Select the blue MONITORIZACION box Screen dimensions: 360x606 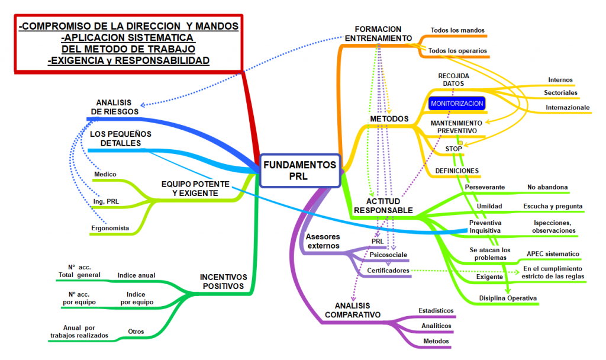pyautogui.click(x=457, y=104)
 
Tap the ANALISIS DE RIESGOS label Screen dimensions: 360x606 pyautogui.click(x=114, y=107)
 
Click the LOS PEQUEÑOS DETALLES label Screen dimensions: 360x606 pyautogui.click(x=121, y=139)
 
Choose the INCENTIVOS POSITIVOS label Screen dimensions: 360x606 pyautogui.click(x=222, y=281)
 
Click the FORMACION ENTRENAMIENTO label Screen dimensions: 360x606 pyautogui.click(x=378, y=34)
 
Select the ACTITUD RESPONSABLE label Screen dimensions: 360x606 pyautogui.click(x=383, y=205)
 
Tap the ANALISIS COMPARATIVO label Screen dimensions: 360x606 pyautogui.click(x=353, y=310)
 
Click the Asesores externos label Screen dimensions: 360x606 pyautogui.click(x=323, y=241)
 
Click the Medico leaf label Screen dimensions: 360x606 pyautogui.click(x=105, y=174)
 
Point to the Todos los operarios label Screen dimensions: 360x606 pyautogui.click(x=457, y=51)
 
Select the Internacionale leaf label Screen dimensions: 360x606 pyautogui.click(x=568, y=107)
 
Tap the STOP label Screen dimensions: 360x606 pyautogui.click(x=453, y=149)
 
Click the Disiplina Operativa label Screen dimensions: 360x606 pyautogui.click(x=507, y=298)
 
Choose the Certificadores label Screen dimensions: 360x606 pyautogui.click(x=388, y=271)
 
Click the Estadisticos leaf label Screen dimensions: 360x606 pyautogui.click(x=436, y=310)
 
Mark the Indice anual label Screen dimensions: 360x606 pyautogui.click(x=136, y=275)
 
